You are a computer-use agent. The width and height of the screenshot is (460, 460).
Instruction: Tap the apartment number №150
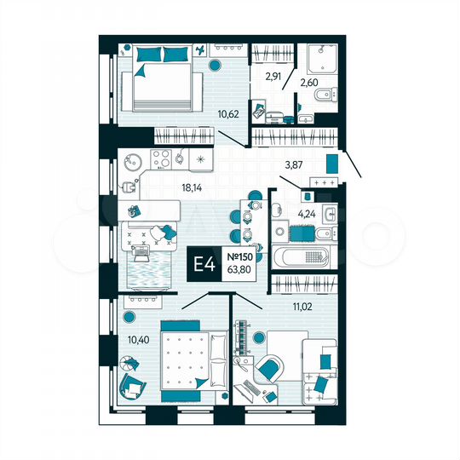[x=239, y=256]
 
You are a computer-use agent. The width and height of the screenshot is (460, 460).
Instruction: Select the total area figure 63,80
[x=239, y=272]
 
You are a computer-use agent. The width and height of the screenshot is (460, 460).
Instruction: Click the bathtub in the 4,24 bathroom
[x=306, y=255]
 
